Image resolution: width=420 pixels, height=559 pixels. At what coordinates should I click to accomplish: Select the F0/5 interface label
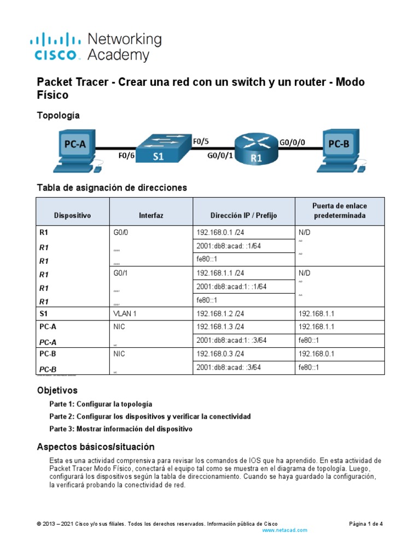tap(201, 141)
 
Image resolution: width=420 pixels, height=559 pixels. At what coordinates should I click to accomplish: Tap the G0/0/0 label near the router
tap(293, 142)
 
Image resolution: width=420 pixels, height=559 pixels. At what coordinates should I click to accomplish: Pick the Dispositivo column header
tap(72, 216)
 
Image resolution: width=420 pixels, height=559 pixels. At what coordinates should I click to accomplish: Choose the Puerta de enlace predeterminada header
tap(340, 211)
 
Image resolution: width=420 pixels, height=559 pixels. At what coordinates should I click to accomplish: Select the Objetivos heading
tap(57, 390)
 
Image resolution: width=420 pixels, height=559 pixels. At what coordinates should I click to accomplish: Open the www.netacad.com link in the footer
tap(285, 530)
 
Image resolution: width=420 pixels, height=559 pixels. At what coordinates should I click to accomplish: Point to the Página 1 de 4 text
tap(366, 524)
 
